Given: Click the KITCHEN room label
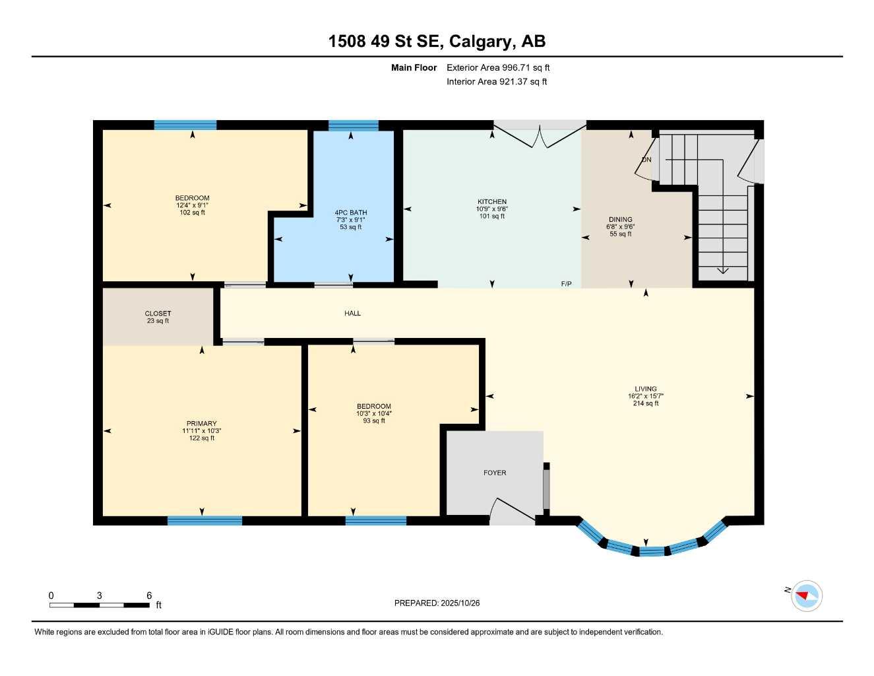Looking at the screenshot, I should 492,202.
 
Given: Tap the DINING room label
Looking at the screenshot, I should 620,220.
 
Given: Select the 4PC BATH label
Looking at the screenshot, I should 351,213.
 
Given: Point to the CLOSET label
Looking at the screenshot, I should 158,314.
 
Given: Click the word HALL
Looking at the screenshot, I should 352,314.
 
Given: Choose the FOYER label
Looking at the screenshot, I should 495,473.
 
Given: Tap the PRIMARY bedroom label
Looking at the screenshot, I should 201,424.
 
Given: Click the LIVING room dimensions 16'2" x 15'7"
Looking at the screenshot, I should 645,397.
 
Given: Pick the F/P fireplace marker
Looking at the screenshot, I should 566,284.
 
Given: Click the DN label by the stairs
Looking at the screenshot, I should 646,160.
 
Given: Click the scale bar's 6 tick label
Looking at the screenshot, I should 149,595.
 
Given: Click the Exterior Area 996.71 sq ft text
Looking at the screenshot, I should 498,67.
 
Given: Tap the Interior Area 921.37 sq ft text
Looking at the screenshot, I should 497,82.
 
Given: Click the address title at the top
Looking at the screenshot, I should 437,42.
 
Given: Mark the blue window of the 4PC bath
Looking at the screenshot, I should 353,125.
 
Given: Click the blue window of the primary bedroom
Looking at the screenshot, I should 204,521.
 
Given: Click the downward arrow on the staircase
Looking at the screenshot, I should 722,270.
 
